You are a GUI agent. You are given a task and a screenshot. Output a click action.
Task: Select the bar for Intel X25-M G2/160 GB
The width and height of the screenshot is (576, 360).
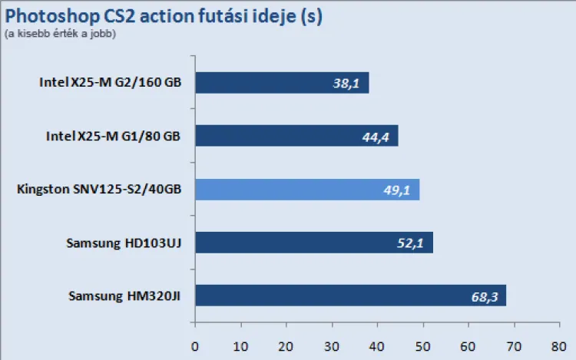(281, 83)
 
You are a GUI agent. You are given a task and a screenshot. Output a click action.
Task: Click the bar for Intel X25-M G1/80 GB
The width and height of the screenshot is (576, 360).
(296, 136)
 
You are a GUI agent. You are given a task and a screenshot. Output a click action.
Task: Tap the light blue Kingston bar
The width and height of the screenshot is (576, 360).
(306, 189)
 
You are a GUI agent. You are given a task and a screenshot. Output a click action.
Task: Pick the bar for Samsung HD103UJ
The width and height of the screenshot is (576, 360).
(313, 243)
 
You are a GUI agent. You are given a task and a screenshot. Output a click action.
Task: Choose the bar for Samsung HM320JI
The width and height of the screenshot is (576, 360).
(350, 296)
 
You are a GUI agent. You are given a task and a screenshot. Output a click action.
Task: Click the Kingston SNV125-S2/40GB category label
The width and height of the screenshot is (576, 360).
(99, 189)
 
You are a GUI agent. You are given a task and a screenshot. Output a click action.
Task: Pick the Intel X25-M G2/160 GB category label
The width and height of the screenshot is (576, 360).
(111, 83)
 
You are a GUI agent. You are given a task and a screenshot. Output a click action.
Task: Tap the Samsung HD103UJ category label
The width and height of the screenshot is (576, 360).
(124, 243)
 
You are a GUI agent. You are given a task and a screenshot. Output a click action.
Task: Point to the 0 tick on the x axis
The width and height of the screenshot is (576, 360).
(195, 346)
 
